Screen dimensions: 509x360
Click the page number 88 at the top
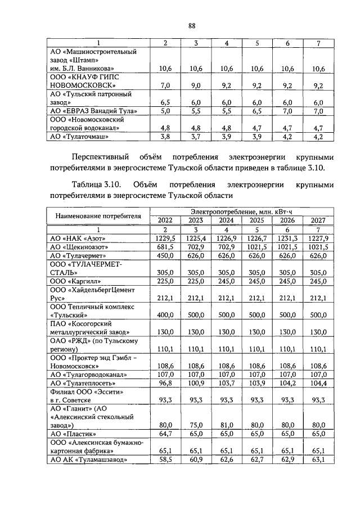click(191, 25)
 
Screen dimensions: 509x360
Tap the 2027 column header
click(318, 220)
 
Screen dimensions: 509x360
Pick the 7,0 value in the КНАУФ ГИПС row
click(165, 85)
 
